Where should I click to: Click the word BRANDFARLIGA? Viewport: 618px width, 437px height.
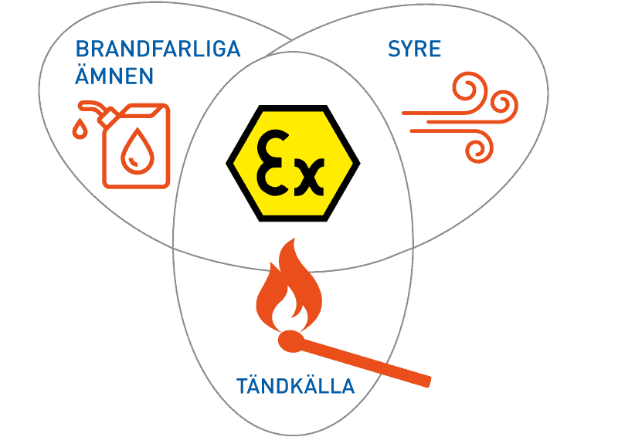(158, 49)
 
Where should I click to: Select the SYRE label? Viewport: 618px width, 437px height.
(414, 49)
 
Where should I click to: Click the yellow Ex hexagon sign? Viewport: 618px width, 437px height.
(293, 163)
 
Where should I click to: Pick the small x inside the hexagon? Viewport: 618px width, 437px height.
(310, 178)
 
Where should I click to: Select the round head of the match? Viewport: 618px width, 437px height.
(292, 341)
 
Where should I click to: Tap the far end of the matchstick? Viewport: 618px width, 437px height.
(429, 381)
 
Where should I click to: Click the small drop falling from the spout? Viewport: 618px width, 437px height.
(80, 128)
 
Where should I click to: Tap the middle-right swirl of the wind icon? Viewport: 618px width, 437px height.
(504, 105)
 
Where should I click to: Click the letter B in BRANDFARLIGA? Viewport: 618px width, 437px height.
(82, 49)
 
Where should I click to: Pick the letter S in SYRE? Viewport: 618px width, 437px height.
(395, 49)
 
